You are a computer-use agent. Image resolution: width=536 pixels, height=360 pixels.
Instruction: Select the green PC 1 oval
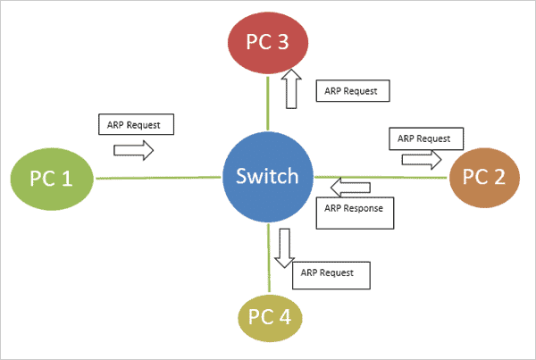[51, 178]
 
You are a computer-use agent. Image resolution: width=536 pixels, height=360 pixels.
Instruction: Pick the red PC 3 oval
[268, 43]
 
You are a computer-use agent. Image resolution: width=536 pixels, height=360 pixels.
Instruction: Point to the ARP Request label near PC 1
[135, 124]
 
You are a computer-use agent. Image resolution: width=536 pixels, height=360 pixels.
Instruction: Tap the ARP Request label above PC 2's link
[425, 138]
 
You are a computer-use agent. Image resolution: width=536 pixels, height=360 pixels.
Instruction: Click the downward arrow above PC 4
[284, 247]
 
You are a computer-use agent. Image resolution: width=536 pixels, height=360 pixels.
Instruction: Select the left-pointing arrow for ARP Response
[348, 187]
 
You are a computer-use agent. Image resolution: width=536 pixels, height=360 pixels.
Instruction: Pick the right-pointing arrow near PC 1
[135, 152]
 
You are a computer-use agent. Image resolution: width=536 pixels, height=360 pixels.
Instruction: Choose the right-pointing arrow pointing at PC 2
[423, 159]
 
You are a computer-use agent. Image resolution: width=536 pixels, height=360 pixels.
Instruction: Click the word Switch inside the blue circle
[268, 177]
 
